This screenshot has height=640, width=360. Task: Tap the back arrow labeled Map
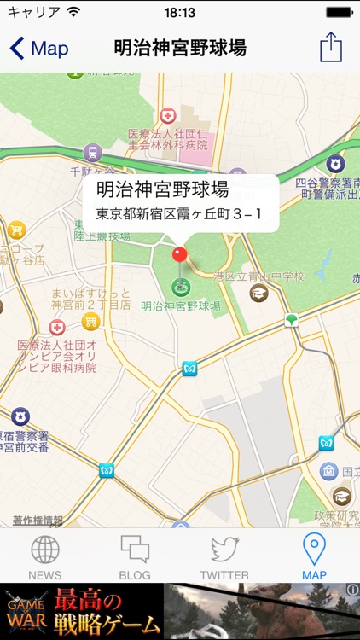[38, 49]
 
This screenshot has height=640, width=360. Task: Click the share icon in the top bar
[331, 48]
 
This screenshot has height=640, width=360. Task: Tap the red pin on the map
[179, 254]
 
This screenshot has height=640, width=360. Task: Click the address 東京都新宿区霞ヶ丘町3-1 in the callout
[179, 212]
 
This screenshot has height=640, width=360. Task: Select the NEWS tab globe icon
[45, 550]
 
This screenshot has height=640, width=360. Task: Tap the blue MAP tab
[314, 556]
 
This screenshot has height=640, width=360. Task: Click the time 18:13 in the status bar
[179, 13]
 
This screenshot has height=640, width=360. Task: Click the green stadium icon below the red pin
[180, 287]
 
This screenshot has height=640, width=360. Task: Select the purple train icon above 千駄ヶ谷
[92, 153]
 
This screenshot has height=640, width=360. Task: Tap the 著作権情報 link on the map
[38, 520]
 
